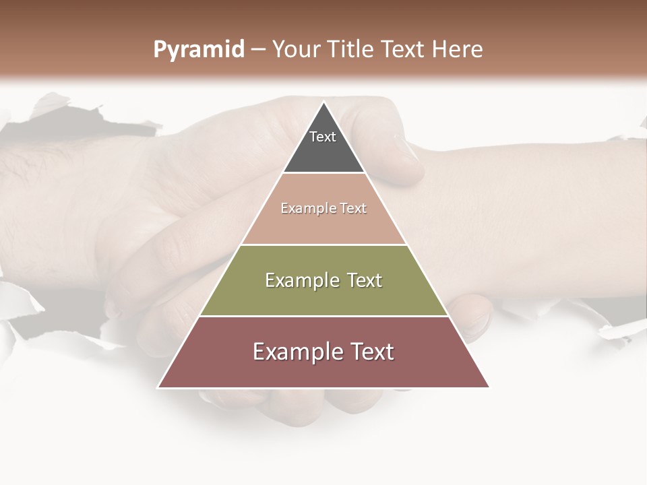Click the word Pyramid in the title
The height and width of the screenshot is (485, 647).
coord(198,50)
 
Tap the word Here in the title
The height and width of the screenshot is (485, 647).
coord(458,50)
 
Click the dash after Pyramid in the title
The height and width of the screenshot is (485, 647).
coord(257,50)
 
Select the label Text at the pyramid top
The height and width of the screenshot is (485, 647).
coord(323,137)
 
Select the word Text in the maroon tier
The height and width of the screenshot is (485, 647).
coord(368,352)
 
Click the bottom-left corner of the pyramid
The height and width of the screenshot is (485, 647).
coord(158,387)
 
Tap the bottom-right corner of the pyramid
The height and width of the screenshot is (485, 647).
coord(489,387)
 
